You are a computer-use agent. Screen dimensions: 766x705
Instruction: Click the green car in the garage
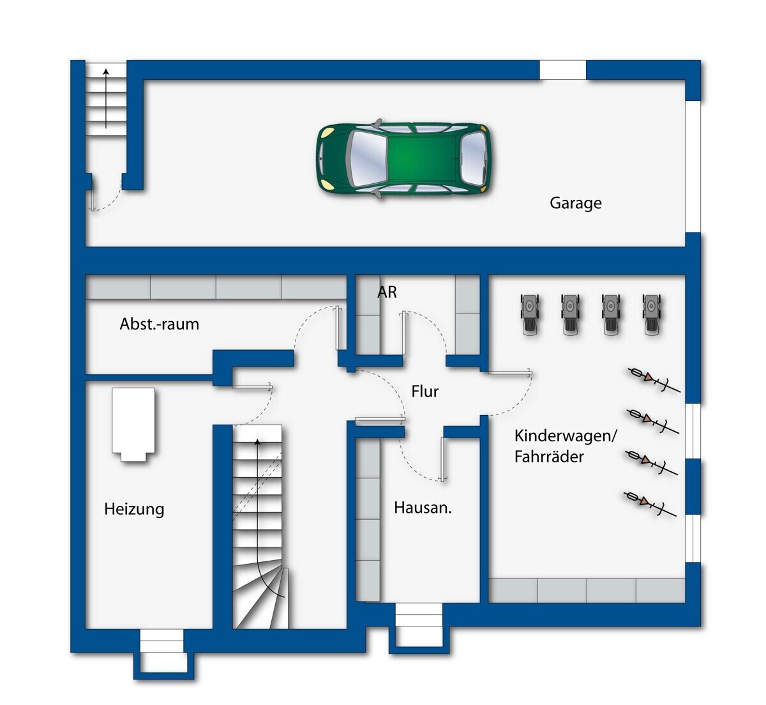tap(403, 159)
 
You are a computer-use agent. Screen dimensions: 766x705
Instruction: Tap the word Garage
tap(575, 203)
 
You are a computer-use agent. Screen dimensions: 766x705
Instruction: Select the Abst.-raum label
tap(159, 324)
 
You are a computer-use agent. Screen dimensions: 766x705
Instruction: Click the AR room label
tap(387, 292)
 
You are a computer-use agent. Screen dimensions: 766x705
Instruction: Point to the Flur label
tap(424, 391)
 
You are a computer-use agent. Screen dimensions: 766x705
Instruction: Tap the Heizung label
tap(134, 510)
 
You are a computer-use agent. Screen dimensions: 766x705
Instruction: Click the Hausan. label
tap(423, 508)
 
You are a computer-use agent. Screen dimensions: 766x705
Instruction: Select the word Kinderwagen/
tap(565, 436)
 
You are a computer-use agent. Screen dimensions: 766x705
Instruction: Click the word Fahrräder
tap(549, 457)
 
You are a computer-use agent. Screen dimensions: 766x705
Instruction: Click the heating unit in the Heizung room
tap(133, 424)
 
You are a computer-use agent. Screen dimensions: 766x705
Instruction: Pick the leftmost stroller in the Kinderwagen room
tap(530, 315)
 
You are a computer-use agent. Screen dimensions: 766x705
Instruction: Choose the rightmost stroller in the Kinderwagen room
tap(652, 315)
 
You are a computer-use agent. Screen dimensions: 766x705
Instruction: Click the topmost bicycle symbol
tap(654, 380)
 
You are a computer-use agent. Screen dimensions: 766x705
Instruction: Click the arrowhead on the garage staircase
tap(106, 72)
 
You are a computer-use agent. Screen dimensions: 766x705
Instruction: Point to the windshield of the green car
tap(367, 159)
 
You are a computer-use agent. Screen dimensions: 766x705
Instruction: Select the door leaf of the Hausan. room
tap(442, 459)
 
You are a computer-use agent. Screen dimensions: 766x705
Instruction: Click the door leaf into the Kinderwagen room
tap(509, 372)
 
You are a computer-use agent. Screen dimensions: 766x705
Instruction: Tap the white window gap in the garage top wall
tap(563, 70)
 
